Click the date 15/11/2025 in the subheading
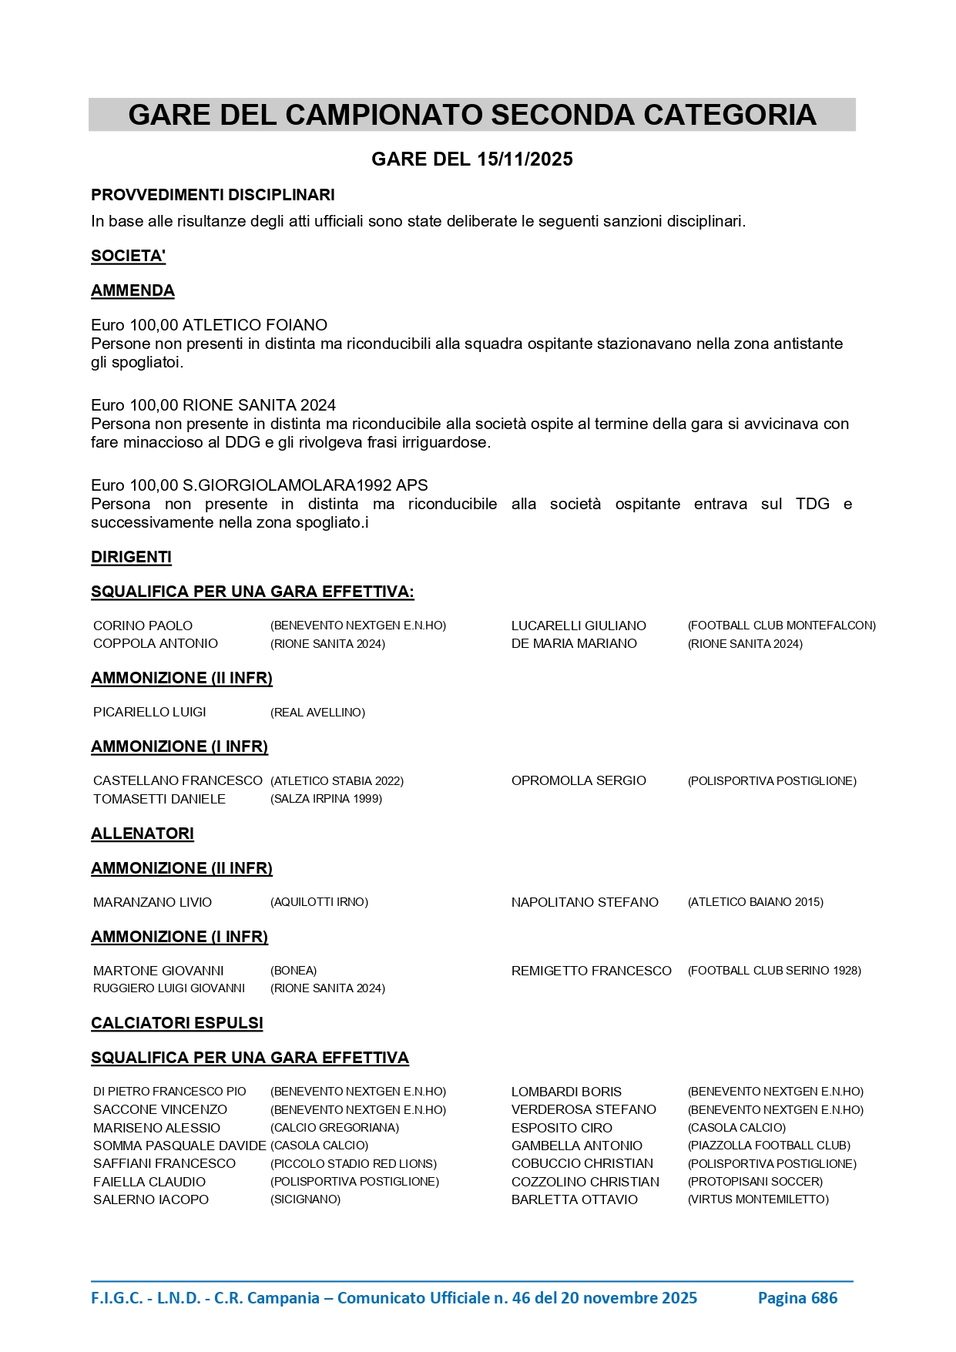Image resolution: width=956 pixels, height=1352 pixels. click(x=525, y=159)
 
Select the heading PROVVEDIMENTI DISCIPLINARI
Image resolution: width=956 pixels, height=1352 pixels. click(x=213, y=195)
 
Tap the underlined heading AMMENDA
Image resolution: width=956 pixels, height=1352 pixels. click(x=132, y=290)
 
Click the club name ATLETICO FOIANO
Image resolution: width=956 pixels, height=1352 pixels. click(x=255, y=325)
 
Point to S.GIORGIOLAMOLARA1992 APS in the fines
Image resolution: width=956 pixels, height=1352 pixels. click(x=305, y=485)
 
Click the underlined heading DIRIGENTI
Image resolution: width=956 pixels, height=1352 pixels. click(x=131, y=557)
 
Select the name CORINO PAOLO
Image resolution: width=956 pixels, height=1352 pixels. click(x=143, y=626)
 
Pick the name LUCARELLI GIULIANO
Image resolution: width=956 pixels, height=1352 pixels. click(x=579, y=626)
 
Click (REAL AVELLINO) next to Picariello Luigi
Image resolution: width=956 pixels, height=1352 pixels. click(x=317, y=713)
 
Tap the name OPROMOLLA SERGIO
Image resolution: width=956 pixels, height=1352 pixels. click(x=579, y=780)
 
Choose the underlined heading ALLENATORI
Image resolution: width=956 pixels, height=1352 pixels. click(x=143, y=834)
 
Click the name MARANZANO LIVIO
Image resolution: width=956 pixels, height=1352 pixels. click(x=153, y=902)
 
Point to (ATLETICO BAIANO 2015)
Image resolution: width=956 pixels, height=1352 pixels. click(x=755, y=902)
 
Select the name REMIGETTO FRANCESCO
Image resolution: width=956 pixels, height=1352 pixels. click(x=591, y=971)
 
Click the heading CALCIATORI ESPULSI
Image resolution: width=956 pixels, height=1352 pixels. click(x=177, y=1023)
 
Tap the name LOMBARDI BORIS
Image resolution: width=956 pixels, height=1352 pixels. click(x=566, y=1092)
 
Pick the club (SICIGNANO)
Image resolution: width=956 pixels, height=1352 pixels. click(x=305, y=1199)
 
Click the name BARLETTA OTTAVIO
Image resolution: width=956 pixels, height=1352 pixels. click(x=575, y=1199)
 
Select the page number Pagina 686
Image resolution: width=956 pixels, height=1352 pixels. click(x=797, y=1298)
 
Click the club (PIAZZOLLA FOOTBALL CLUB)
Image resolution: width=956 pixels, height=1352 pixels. click(x=769, y=1146)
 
